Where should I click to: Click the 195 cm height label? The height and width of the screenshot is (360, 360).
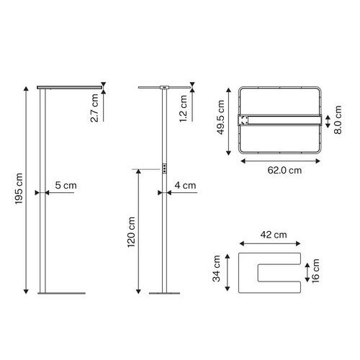19,189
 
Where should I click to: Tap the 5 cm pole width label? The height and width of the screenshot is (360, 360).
66,185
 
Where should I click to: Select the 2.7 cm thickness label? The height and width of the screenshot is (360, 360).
94,108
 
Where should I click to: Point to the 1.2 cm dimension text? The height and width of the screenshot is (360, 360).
184,109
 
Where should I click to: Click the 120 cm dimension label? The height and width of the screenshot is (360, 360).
131,232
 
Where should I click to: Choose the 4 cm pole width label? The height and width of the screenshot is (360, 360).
185,185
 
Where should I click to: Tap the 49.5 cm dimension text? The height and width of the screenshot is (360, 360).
220,117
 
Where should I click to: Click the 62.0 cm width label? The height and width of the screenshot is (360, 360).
284,171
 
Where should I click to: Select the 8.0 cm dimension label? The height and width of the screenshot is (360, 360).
338,120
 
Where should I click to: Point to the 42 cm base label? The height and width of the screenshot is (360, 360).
274,235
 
